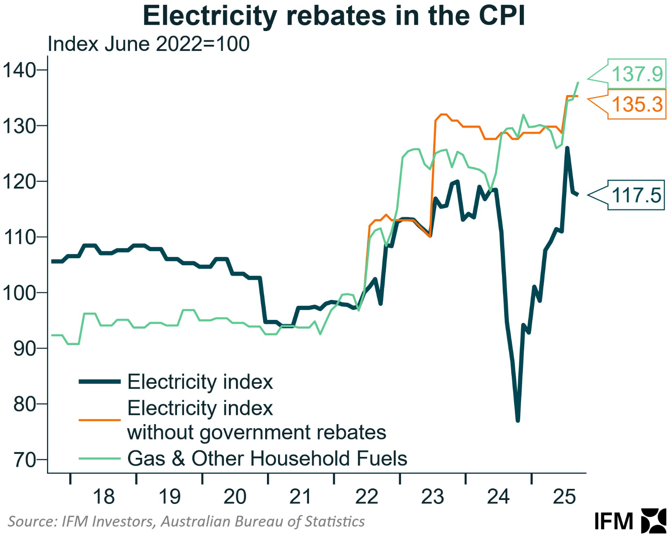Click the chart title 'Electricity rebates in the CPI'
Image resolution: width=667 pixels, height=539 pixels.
coord(333,17)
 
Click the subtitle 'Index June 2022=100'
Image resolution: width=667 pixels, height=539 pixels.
coord(149,44)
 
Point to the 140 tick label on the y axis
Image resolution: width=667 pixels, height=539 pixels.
coord(20,70)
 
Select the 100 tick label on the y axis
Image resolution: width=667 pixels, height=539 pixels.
coord(20,293)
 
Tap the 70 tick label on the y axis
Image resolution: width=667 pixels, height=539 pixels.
coord(24,460)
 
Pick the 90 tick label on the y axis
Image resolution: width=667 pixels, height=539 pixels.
coord(24,349)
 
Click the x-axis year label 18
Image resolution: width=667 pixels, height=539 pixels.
coord(103,496)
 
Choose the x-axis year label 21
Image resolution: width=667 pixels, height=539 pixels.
coord(301,496)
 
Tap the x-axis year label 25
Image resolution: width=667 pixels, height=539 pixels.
coord(564,496)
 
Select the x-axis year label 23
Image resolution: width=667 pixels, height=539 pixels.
coord(432,496)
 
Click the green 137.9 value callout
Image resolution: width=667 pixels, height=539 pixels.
coord(637,74)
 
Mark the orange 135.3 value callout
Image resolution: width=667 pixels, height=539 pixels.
coord(637,105)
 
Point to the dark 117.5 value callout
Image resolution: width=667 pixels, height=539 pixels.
coord(636,195)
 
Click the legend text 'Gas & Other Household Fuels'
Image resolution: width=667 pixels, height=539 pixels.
coord(267,458)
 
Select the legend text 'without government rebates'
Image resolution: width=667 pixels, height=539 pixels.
coord(256,433)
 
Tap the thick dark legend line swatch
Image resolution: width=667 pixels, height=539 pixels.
coord(100,382)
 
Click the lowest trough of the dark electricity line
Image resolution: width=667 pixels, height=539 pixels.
coord(518,420)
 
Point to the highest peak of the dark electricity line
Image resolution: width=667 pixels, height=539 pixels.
coord(567,148)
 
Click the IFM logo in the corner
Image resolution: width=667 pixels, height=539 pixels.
coord(630,521)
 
